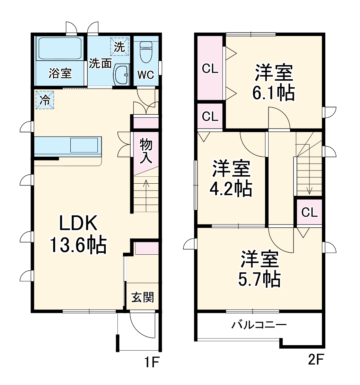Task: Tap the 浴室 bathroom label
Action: click(x=60, y=73)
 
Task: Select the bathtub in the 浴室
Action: click(x=60, y=49)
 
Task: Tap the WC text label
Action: click(x=146, y=75)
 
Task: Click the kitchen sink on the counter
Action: click(x=84, y=145)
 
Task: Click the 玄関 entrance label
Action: click(x=142, y=297)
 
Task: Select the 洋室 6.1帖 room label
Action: click(x=274, y=82)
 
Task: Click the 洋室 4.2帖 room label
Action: click(x=231, y=178)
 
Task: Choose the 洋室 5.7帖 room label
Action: click(x=260, y=269)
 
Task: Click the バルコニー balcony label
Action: click(x=259, y=325)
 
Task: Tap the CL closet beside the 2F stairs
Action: click(x=309, y=212)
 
